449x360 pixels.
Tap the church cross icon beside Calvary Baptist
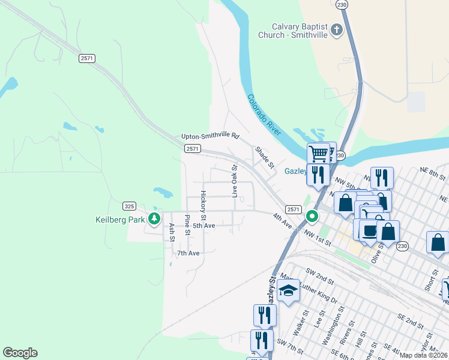click(337, 29)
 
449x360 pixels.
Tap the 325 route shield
click(129, 206)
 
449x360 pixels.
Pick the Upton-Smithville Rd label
click(210, 136)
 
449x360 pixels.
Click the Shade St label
click(264, 157)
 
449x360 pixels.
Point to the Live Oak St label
click(235, 181)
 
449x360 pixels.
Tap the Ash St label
click(172, 231)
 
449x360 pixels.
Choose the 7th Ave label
click(188, 253)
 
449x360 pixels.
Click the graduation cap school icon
click(289, 290)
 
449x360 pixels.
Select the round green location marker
click(312, 216)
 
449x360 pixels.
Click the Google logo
click(20, 353)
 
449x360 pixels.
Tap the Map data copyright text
click(424, 355)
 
